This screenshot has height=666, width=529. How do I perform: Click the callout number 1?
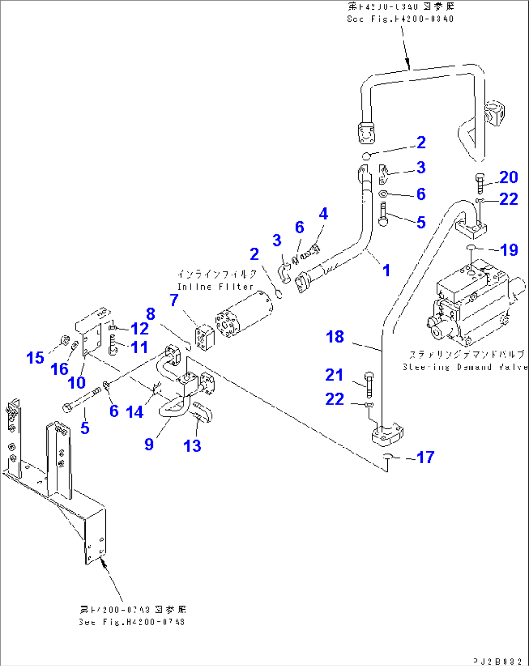(386, 270)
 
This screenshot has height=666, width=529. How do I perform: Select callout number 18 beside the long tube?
(335, 337)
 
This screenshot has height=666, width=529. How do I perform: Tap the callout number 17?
(426, 457)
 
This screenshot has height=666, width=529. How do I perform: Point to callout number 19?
(509, 250)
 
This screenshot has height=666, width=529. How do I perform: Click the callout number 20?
(509, 177)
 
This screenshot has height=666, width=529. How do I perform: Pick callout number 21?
(334, 374)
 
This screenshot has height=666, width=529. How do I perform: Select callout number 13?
(192, 446)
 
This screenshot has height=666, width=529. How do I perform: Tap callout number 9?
(149, 444)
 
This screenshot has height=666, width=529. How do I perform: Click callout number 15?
(35, 358)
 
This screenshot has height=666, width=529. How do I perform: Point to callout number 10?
(77, 383)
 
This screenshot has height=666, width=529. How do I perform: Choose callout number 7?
(174, 300)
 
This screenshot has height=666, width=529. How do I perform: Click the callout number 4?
(323, 213)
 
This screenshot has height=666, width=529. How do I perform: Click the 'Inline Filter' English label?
(216, 287)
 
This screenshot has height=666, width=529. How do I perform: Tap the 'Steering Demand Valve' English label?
(465, 367)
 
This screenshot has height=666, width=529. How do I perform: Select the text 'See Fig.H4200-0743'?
(132, 622)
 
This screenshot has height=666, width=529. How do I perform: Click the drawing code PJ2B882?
(498, 661)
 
